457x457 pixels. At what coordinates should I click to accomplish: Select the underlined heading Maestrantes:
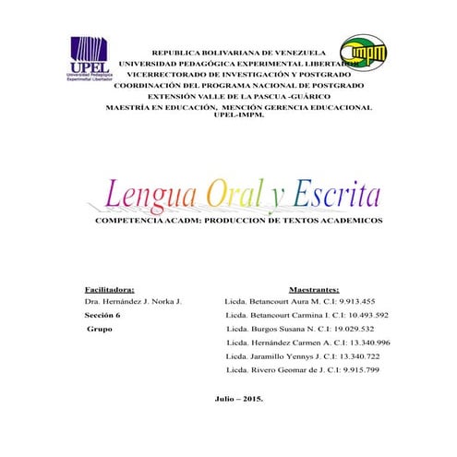pos(314,288)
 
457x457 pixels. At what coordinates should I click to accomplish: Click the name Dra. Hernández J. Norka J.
pos(132,302)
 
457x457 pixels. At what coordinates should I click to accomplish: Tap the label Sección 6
pos(102,315)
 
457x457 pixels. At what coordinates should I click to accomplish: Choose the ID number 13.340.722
pos(352,356)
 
